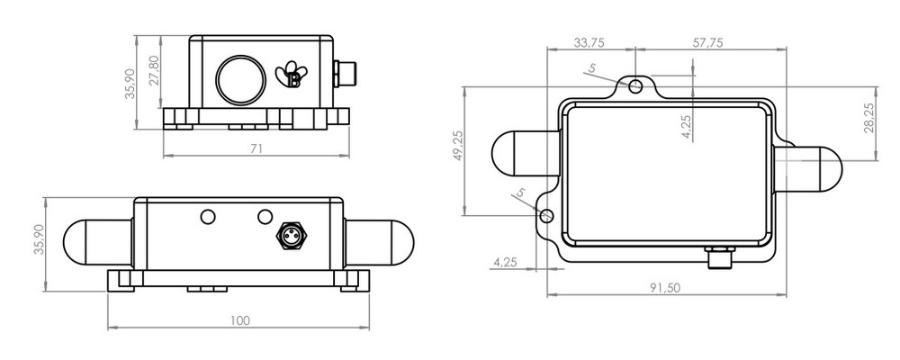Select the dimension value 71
256,149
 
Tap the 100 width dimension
239,320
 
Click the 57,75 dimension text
708,42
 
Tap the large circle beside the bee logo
240,78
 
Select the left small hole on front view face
208,217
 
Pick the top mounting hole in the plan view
636,86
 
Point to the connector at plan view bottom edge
721,257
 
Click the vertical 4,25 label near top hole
687,127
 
